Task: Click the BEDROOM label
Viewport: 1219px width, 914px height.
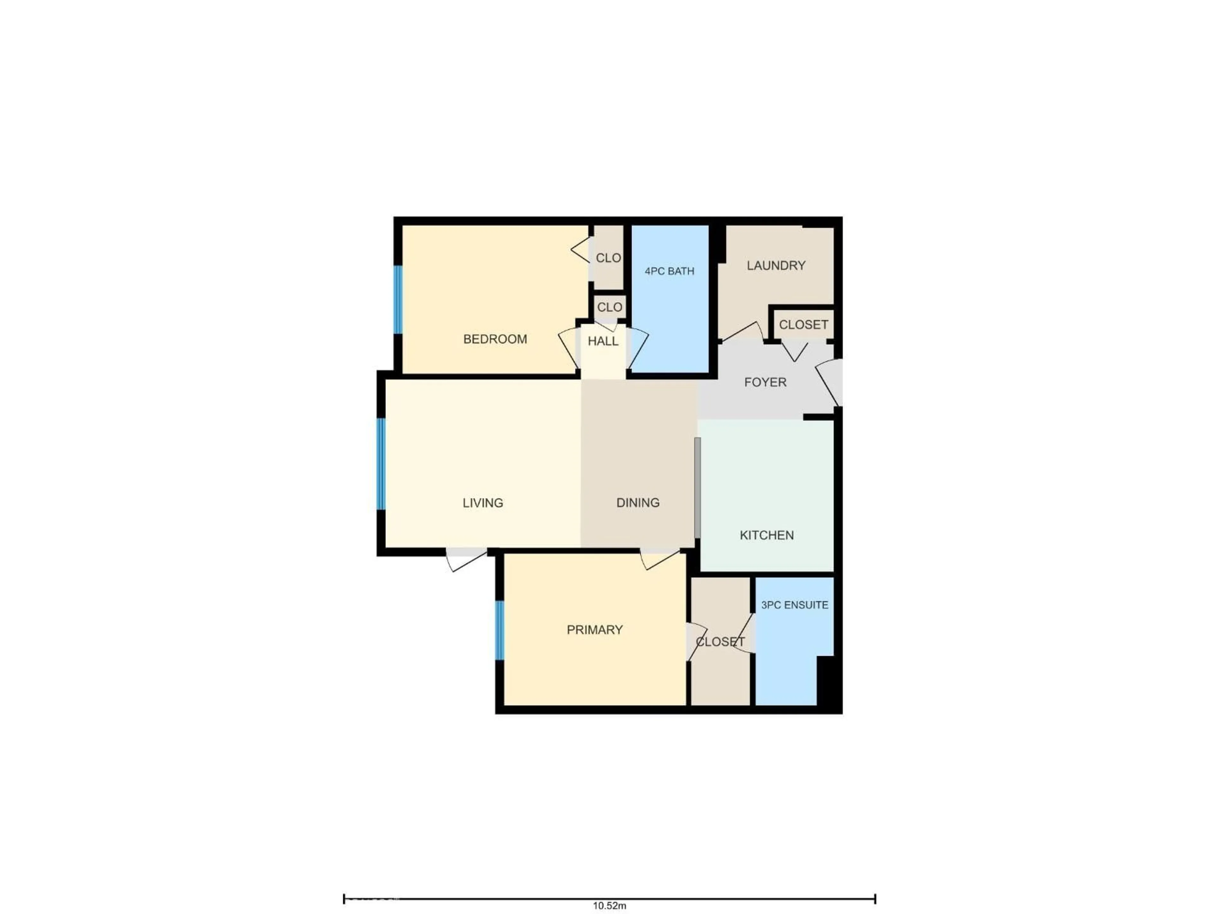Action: pyautogui.click(x=495, y=339)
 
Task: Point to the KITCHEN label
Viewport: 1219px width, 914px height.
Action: pyautogui.click(x=767, y=535)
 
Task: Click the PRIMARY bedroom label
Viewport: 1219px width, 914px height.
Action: pyautogui.click(x=595, y=630)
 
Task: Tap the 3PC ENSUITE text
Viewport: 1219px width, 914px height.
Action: pyautogui.click(x=794, y=605)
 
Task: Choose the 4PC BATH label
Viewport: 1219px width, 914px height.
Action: pyautogui.click(x=669, y=271)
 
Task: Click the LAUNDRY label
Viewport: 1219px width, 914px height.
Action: pyautogui.click(x=776, y=266)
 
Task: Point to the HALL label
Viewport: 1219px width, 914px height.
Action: pyautogui.click(x=603, y=341)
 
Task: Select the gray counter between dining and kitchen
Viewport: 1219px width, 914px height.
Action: pyautogui.click(x=697, y=487)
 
